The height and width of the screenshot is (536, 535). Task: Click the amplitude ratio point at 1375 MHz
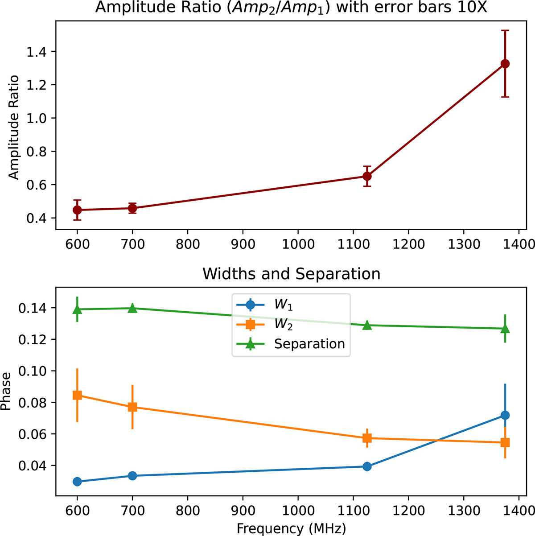click(505, 64)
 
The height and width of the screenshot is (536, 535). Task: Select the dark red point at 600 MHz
click(77, 210)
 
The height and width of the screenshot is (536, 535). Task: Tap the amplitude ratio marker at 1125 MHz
click(367, 176)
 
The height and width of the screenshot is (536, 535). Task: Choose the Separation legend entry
click(309, 344)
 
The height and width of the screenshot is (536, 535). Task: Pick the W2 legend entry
click(284, 325)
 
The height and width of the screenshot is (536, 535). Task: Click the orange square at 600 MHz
click(77, 395)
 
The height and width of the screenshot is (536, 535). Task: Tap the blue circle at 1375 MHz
click(505, 415)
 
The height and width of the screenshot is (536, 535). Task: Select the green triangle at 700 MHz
click(132, 308)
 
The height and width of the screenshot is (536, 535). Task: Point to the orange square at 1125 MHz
click(367, 438)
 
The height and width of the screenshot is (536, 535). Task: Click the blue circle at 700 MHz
click(132, 476)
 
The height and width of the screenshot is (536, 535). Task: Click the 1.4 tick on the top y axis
click(38, 52)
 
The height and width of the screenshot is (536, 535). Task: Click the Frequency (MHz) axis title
click(291, 528)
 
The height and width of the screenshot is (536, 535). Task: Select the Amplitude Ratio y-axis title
click(14, 128)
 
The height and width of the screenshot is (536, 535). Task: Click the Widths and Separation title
click(292, 273)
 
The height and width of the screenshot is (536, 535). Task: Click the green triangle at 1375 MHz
click(505, 329)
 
